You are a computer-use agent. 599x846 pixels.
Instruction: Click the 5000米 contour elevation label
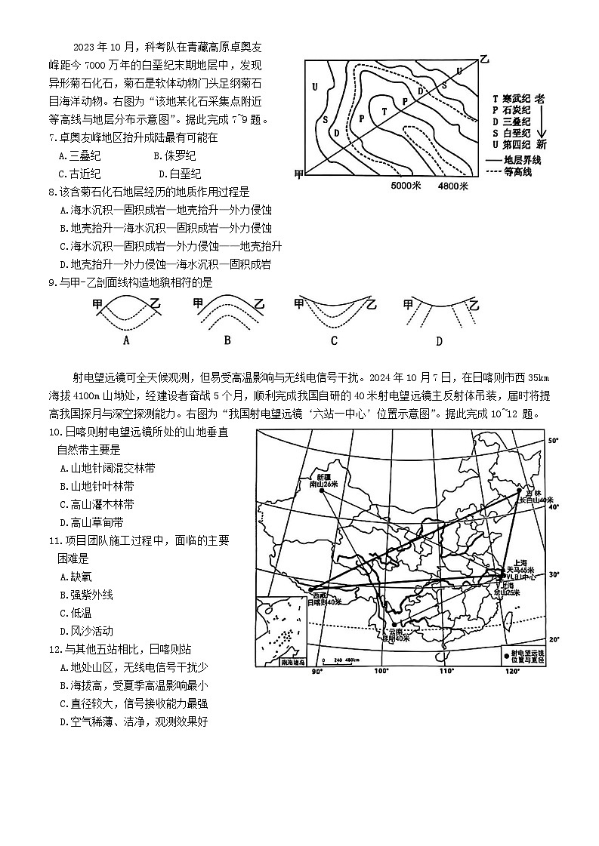(x=409, y=185)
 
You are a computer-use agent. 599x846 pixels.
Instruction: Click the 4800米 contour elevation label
(x=453, y=185)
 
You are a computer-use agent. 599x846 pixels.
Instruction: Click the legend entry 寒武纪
(x=517, y=99)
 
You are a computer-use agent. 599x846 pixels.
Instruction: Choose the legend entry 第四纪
(x=517, y=144)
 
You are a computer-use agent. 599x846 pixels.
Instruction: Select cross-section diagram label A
(x=126, y=340)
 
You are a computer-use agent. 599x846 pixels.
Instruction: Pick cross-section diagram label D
(x=439, y=340)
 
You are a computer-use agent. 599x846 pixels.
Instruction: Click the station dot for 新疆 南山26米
(x=322, y=491)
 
